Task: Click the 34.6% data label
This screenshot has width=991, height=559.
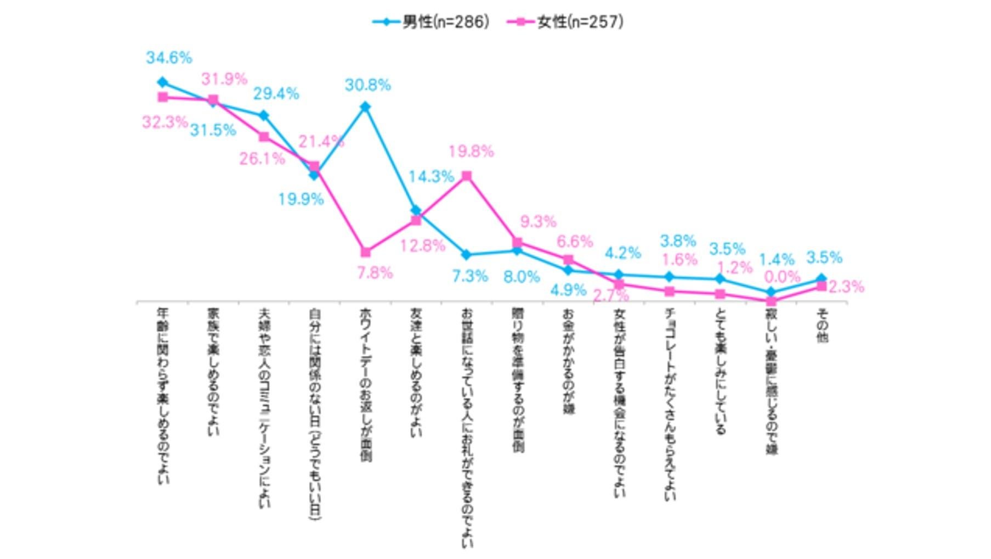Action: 169,58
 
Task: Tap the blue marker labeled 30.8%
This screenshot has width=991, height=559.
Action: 365,107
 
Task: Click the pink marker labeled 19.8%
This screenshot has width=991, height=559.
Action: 467,176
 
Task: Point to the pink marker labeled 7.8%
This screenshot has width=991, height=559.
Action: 366,253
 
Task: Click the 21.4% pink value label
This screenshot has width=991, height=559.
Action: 321,142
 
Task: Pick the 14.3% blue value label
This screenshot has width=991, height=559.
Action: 431,177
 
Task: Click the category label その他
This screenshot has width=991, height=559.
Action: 822,325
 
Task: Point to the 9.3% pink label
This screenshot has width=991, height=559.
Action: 538,222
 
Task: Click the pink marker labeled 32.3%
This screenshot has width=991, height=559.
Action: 163,97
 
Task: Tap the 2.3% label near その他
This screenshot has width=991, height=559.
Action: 846,287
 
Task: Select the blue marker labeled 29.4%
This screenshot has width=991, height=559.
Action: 264,115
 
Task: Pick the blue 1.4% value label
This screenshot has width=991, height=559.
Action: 777,260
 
